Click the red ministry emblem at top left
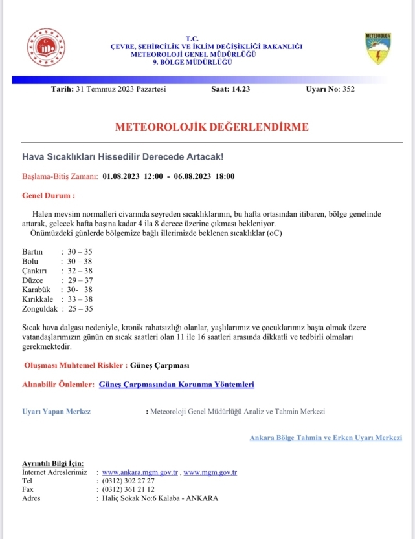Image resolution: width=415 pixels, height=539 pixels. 46,47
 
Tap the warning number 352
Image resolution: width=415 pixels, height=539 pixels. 349,89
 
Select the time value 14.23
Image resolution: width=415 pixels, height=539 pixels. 240,89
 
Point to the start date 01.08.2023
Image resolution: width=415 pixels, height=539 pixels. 121,176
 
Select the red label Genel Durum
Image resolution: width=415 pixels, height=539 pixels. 49,195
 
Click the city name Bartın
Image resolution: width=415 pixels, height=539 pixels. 32,251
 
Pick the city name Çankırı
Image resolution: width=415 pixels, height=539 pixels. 35,271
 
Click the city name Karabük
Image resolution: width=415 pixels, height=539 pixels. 36,290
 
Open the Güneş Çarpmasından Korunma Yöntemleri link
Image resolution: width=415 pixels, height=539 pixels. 177,385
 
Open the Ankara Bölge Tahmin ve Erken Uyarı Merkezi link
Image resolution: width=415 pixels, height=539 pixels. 326,438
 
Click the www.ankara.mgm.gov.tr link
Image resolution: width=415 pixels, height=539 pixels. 140,472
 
